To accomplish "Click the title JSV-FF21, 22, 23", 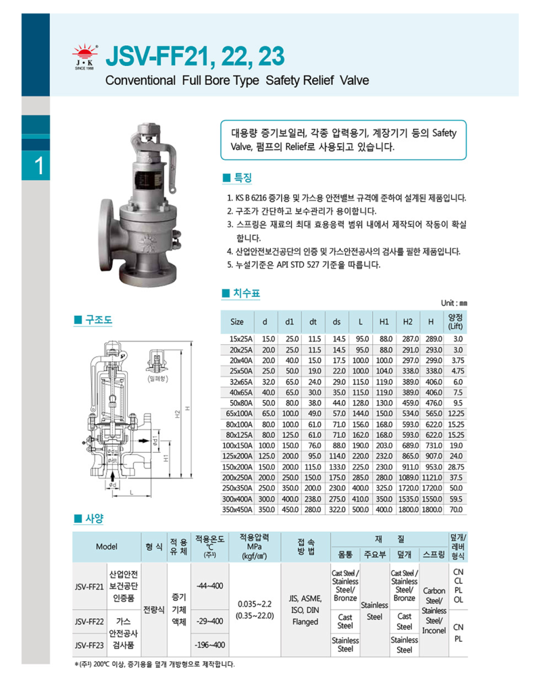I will [x=196, y=56].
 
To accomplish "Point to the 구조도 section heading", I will [x=93, y=320].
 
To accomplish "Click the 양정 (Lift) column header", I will [x=455, y=321].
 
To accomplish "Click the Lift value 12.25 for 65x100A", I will [x=455, y=414].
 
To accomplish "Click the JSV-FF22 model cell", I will [x=89, y=621].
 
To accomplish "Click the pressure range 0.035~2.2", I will [x=255, y=603].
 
